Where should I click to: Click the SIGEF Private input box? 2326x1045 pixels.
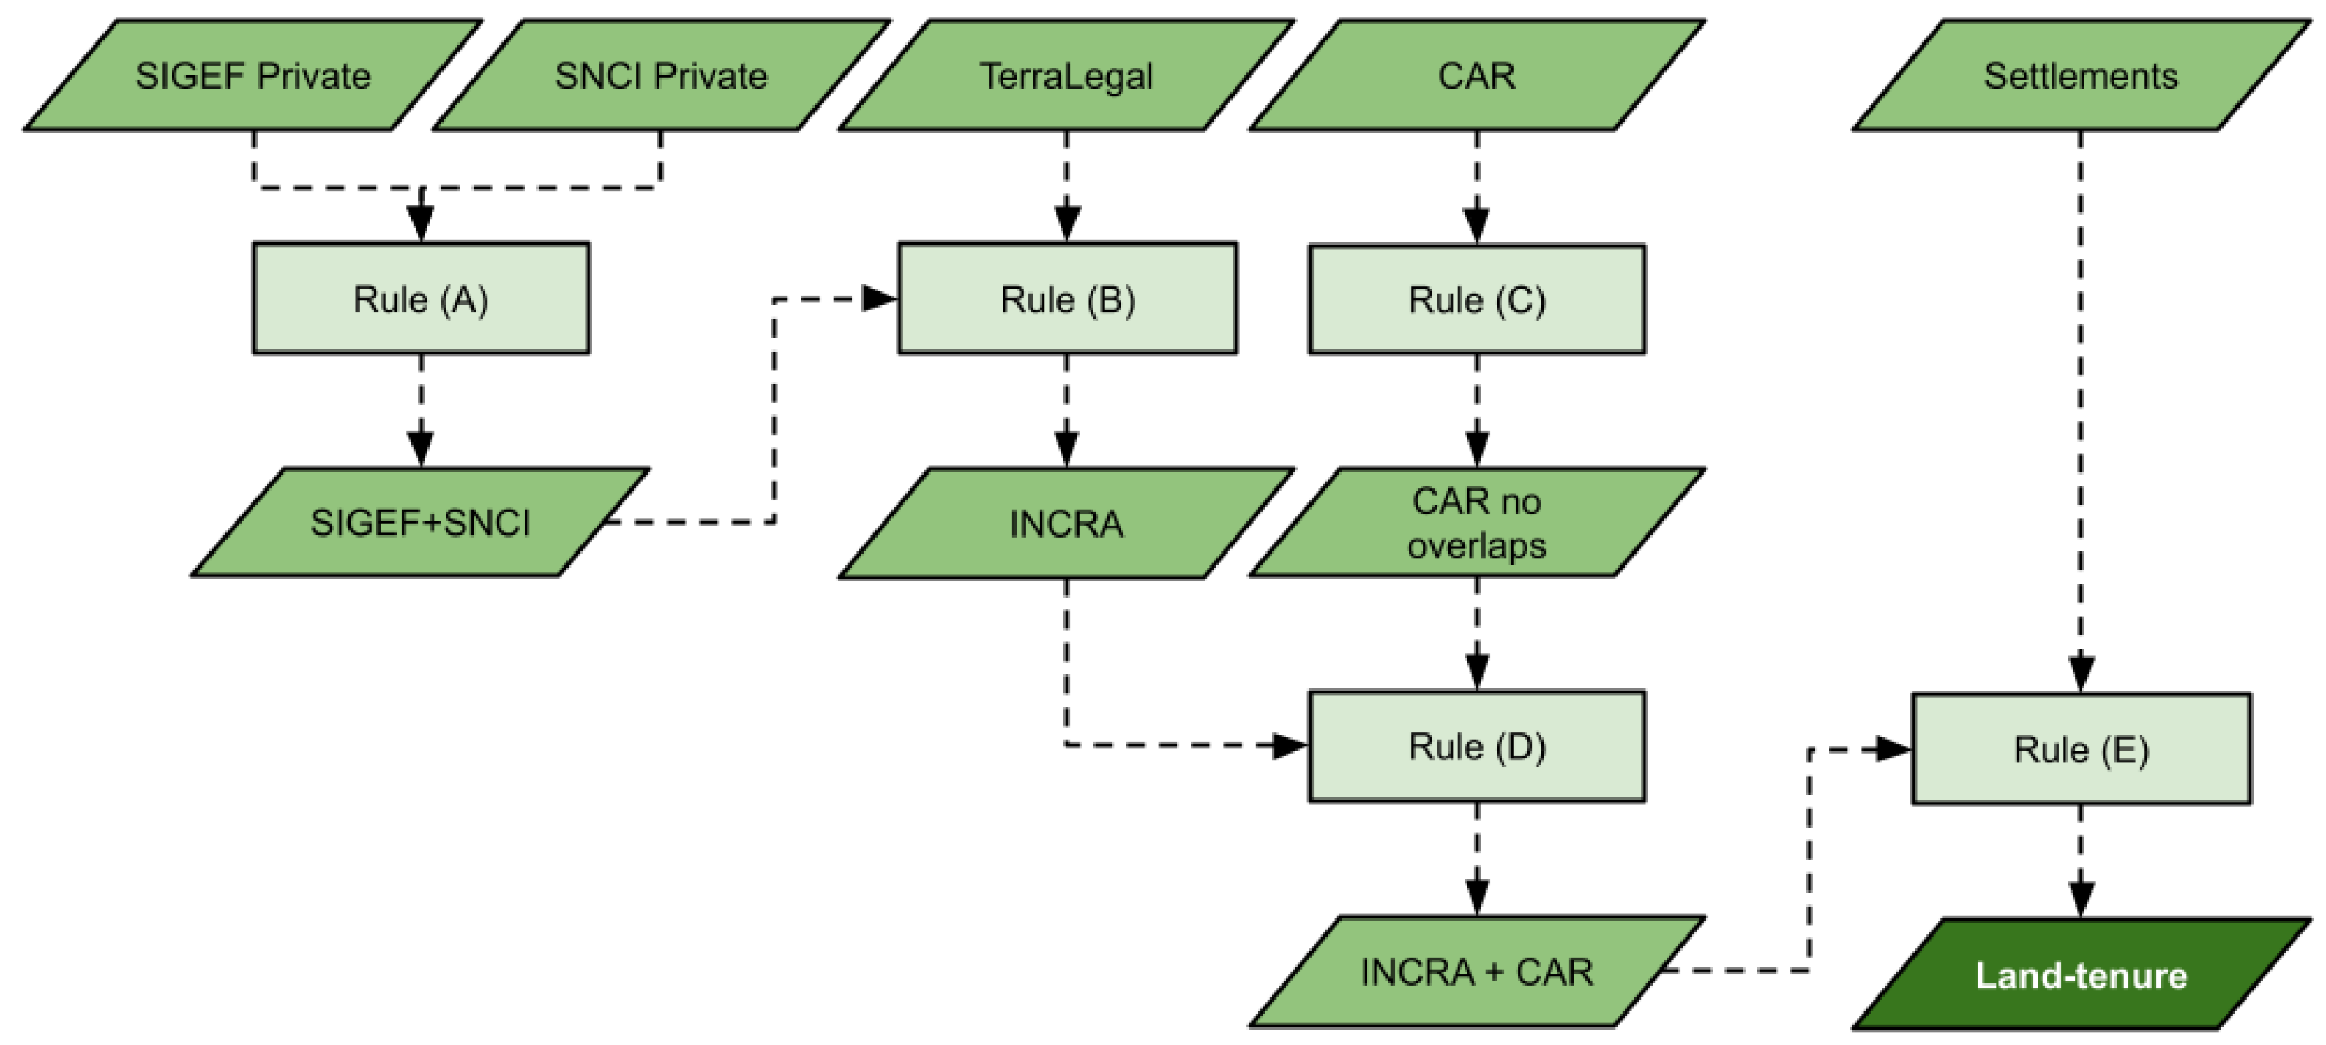click(x=253, y=76)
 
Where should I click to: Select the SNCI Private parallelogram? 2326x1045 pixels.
click(x=661, y=76)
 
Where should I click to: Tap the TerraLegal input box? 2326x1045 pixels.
click(x=1066, y=76)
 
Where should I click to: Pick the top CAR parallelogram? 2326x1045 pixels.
click(x=1476, y=76)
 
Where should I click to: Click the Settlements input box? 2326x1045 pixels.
click(x=2080, y=76)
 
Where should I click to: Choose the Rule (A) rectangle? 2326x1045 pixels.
click(x=421, y=298)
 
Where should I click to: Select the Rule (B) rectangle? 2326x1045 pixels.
click(x=1067, y=298)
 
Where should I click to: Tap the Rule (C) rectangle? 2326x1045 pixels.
click(x=1476, y=299)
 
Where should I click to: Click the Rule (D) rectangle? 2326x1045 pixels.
click(x=1476, y=746)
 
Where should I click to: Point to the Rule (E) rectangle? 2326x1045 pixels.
click(x=2080, y=748)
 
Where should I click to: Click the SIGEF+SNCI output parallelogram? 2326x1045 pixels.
click(x=421, y=522)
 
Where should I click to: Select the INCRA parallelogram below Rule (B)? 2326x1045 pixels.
click(x=1066, y=523)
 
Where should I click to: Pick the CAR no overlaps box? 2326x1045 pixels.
click(x=1476, y=523)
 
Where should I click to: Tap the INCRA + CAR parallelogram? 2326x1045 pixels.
click(x=1476, y=972)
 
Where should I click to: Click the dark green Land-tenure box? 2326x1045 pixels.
click(x=2080, y=975)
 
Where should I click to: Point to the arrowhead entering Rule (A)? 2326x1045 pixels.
click(x=421, y=222)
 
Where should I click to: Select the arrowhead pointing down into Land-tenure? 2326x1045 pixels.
click(x=2080, y=899)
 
